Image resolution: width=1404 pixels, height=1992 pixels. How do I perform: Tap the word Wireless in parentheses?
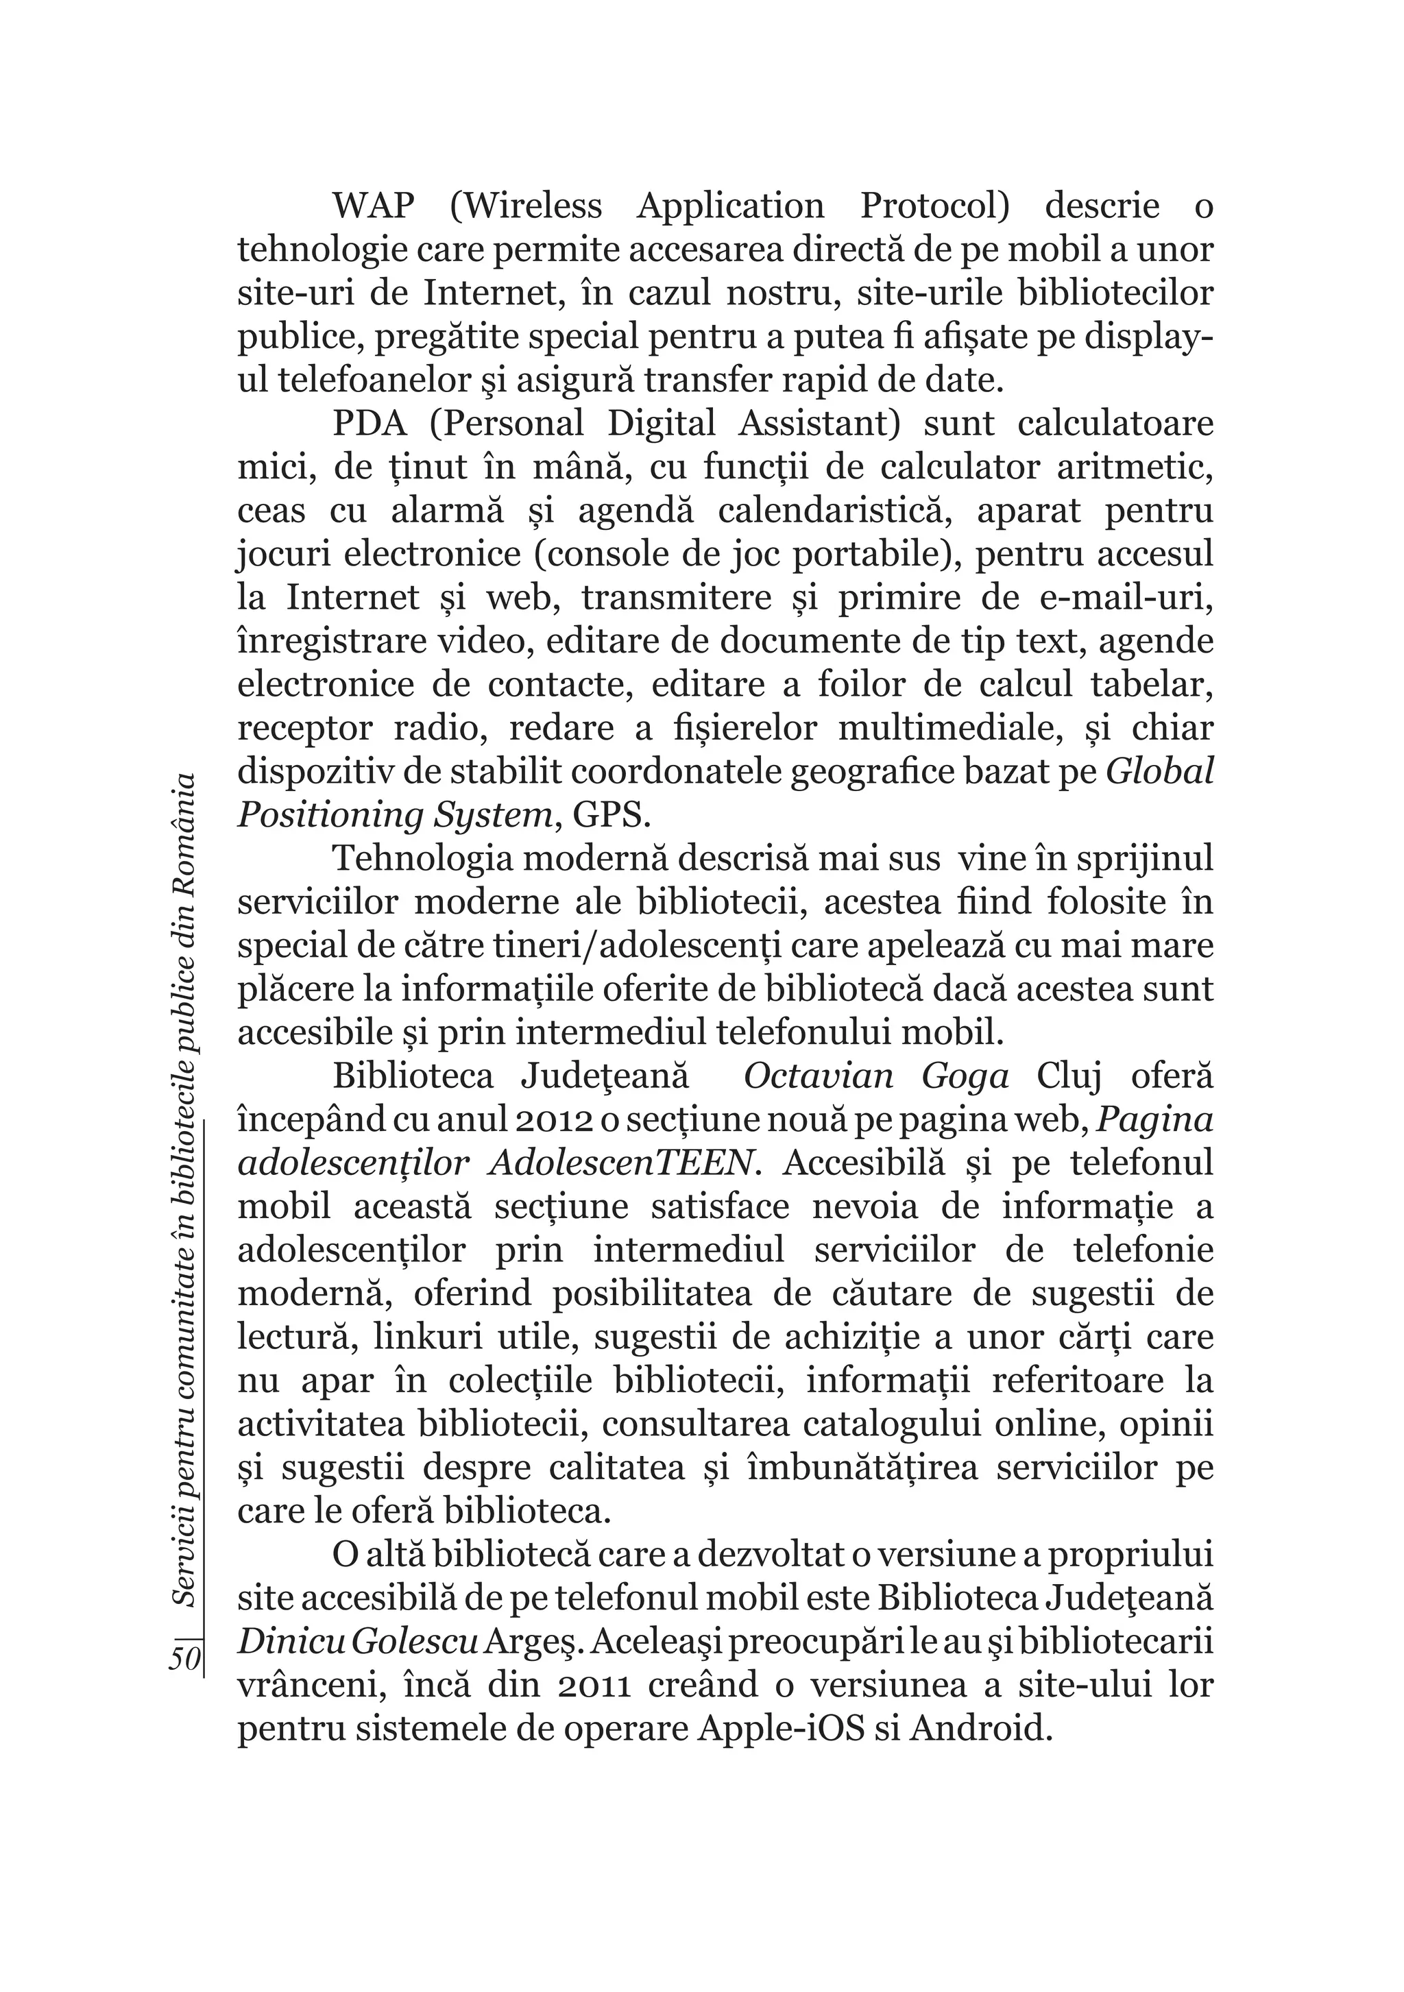pos(526,206)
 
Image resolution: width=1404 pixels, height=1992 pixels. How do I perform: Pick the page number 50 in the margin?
pos(185,1658)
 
